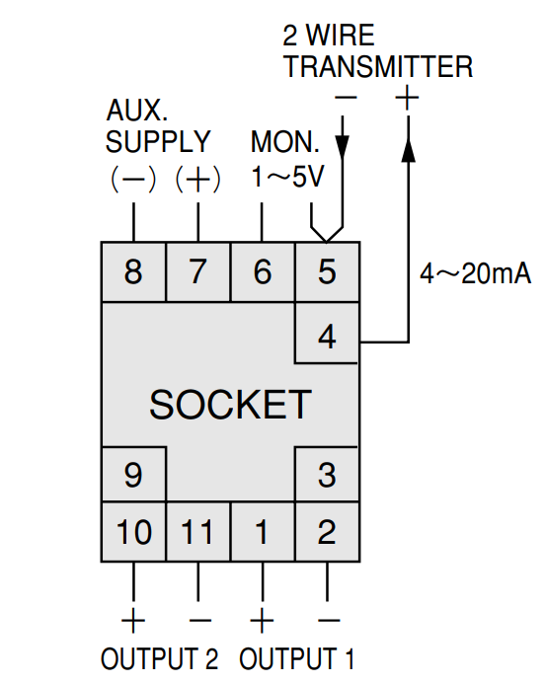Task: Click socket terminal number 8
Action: click(133, 271)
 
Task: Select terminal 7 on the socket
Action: click(198, 271)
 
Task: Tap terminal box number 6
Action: click(263, 271)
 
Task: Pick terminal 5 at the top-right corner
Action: click(327, 271)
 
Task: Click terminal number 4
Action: click(327, 333)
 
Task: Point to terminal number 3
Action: click(327, 474)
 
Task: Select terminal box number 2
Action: click(327, 532)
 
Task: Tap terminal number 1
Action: click(263, 532)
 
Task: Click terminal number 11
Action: click(198, 532)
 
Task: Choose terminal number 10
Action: click(133, 532)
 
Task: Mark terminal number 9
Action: click(133, 474)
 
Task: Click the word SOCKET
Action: click(230, 405)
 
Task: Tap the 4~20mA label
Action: click(475, 274)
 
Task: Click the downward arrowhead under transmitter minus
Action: click(342, 146)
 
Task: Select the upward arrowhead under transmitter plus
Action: click(408, 150)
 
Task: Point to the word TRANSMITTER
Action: click(378, 67)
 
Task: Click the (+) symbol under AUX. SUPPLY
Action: click(198, 180)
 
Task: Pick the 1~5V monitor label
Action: click(287, 177)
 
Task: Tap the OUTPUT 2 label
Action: click(159, 658)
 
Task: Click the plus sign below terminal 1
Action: click(262, 620)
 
